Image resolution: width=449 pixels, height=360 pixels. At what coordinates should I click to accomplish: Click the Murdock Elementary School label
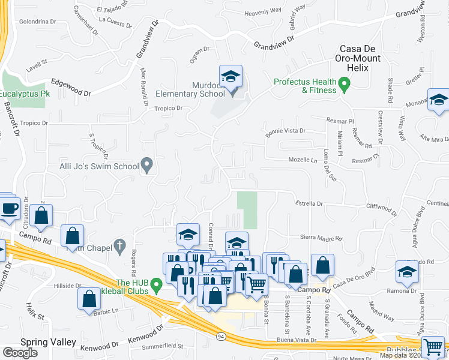click(190, 90)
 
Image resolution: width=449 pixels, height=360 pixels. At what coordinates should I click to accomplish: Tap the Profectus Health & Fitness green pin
click(345, 85)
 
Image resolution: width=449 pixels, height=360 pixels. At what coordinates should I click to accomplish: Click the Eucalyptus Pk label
click(24, 94)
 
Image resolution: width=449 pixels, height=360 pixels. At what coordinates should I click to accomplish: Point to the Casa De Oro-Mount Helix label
click(360, 58)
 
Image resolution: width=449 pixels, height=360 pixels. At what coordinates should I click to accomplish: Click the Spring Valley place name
click(48, 343)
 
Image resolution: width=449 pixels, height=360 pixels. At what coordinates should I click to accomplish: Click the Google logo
click(20, 353)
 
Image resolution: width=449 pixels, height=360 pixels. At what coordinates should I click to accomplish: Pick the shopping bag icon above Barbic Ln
click(89, 299)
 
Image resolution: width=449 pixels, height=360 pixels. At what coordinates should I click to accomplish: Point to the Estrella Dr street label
click(309, 203)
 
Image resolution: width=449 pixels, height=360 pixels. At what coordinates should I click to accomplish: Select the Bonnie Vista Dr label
click(286, 130)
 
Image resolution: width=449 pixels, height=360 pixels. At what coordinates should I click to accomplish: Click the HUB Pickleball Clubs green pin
click(157, 283)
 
